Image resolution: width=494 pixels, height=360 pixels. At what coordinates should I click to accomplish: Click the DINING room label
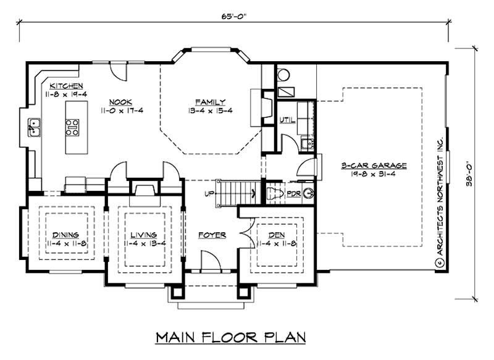[65, 235]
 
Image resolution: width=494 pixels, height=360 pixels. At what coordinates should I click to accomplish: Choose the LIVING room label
[143, 235]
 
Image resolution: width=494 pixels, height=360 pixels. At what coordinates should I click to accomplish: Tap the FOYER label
[212, 235]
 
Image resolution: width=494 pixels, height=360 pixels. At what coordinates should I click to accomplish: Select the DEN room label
[275, 235]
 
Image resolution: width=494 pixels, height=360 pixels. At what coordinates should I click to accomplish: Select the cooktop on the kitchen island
[73, 127]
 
